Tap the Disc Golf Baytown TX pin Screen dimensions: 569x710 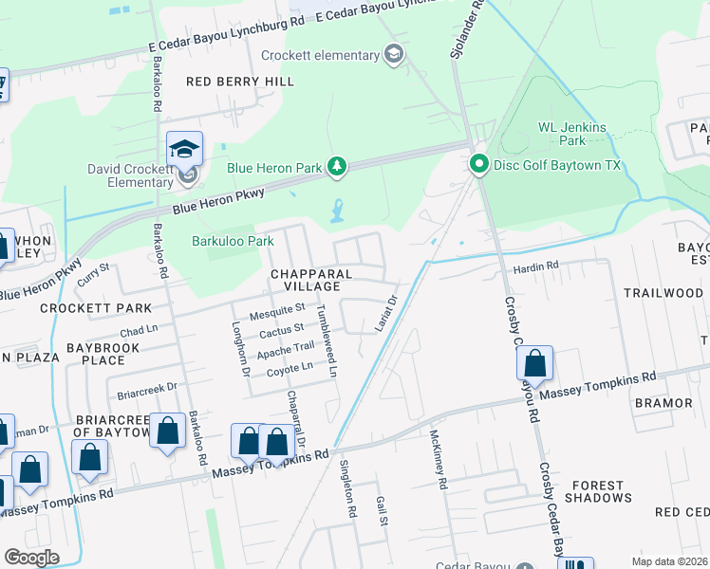(x=479, y=166)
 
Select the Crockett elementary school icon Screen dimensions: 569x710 (x=394, y=54)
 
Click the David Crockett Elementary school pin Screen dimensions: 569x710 (x=185, y=152)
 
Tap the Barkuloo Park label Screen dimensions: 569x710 (x=233, y=241)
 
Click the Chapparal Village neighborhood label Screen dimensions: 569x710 (x=305, y=280)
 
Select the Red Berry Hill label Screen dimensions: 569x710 (x=240, y=82)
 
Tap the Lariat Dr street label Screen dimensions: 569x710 (x=385, y=313)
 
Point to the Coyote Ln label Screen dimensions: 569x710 (x=290, y=369)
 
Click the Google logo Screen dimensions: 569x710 (x=31, y=558)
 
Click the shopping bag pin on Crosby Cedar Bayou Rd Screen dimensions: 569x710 (x=535, y=364)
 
